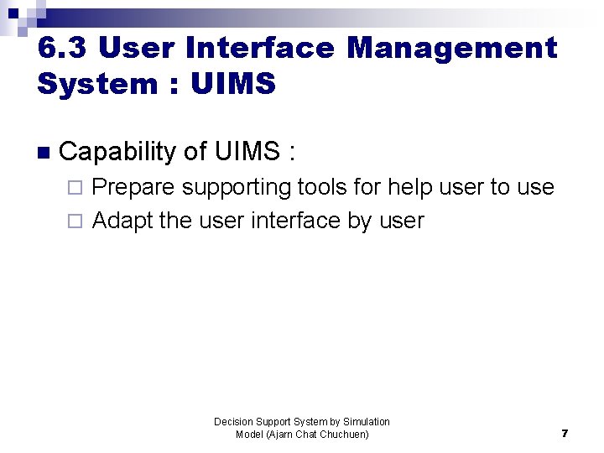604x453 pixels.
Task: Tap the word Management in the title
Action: click(x=452, y=48)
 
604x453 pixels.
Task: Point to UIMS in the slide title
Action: click(x=233, y=84)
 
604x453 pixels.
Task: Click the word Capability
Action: click(x=117, y=152)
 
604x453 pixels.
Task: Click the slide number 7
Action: click(x=565, y=434)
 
